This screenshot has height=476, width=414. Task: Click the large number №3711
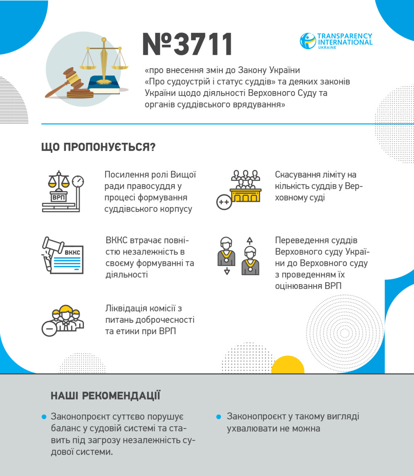[187, 44]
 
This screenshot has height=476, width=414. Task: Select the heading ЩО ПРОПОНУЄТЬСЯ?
[98, 147]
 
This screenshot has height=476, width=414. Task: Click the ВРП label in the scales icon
[58, 197]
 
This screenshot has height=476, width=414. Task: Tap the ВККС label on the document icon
[72, 252]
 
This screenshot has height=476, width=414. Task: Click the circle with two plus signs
[224, 202]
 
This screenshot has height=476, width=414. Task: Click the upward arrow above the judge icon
[249, 240]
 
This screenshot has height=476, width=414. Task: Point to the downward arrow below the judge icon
[227, 271]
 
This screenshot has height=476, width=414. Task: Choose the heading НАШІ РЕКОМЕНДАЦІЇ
[105, 396]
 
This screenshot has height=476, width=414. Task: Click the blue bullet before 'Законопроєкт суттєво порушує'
[44, 417]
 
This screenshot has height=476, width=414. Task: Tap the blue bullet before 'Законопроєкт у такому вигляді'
[218, 417]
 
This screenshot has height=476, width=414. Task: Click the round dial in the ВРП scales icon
[79, 182]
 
